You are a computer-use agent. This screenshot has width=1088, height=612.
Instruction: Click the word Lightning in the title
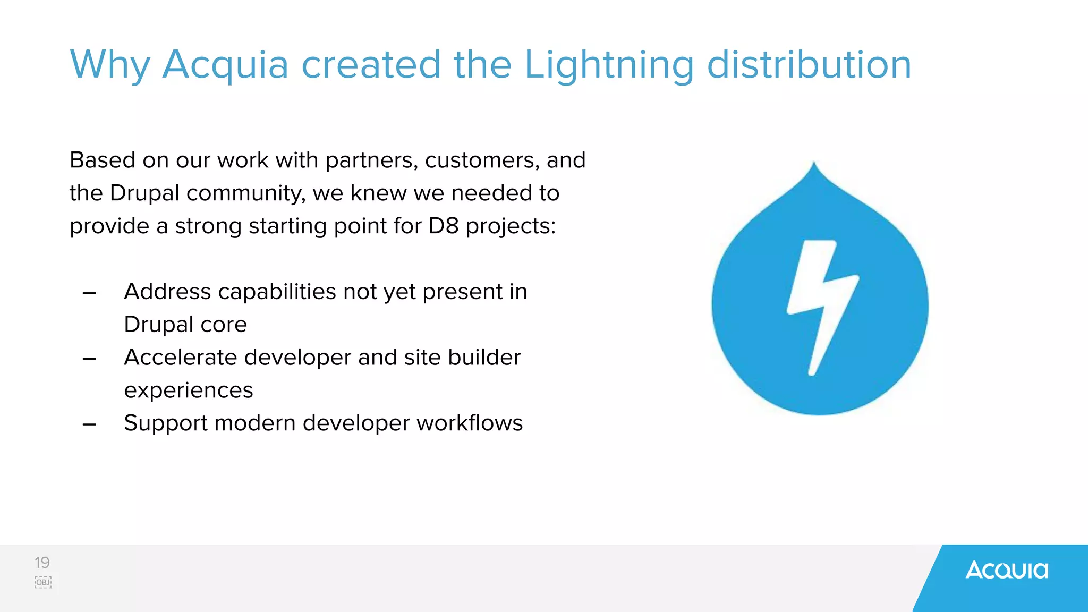point(609,65)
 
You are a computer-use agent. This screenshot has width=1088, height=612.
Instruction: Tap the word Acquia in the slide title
point(225,65)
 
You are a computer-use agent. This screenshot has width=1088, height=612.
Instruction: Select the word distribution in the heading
point(809,64)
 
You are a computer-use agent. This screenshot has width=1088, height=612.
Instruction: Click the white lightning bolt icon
point(821,305)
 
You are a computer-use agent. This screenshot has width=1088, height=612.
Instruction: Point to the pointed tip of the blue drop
point(813,164)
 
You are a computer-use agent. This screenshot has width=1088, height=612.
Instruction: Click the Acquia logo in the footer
point(1007,571)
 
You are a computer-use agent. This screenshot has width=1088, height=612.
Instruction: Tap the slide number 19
point(42,563)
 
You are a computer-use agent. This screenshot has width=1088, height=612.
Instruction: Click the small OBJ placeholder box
point(43,582)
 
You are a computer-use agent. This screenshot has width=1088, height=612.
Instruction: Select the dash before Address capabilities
point(89,293)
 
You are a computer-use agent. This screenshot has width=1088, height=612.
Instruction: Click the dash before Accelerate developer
point(89,359)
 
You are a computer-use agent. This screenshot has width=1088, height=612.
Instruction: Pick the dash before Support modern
point(89,424)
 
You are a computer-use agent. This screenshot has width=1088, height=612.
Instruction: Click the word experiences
point(189,391)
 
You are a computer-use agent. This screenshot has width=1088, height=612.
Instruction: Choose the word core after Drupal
point(224,325)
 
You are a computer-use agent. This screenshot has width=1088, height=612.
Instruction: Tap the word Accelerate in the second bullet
point(181,358)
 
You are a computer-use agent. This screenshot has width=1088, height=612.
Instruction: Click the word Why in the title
point(110,65)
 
